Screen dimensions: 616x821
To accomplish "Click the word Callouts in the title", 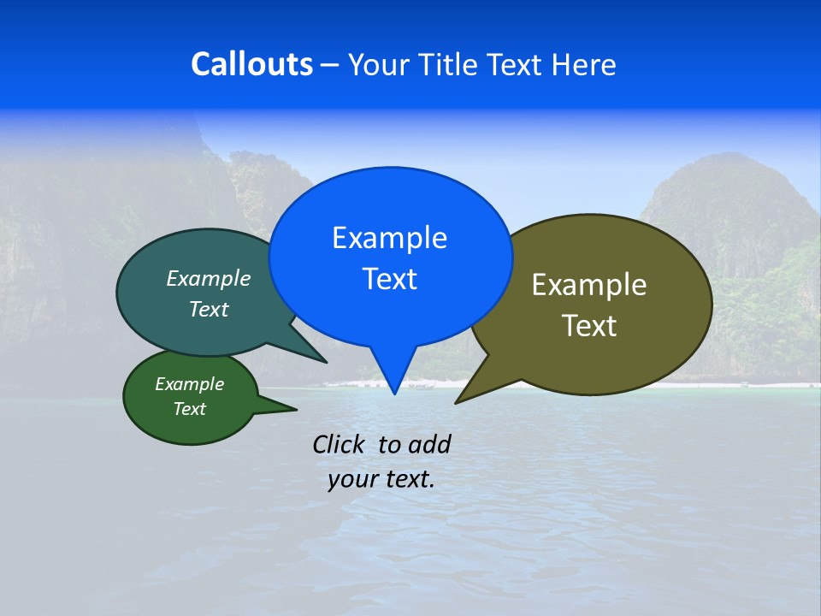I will (x=251, y=65).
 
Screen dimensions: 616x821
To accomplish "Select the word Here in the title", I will (x=583, y=65).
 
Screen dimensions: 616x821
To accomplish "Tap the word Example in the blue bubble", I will (x=389, y=238).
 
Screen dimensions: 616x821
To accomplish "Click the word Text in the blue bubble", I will (x=389, y=279).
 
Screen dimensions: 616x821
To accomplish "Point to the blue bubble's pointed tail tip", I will (x=394, y=393).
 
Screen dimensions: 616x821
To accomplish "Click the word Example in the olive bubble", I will (x=589, y=285).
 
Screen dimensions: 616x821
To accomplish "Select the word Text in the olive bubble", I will (x=589, y=326).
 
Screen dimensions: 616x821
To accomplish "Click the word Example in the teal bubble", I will (x=209, y=279).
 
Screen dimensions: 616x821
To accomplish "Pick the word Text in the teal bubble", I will (x=209, y=309).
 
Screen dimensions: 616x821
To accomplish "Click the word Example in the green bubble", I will (x=189, y=384).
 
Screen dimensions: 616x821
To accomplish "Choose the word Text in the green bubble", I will (x=189, y=409).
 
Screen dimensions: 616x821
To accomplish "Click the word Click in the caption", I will (x=340, y=444).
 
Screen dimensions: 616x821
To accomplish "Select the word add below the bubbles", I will (x=429, y=444).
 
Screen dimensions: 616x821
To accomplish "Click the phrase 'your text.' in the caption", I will (x=381, y=479).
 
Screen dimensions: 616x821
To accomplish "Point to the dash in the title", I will (x=330, y=65).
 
